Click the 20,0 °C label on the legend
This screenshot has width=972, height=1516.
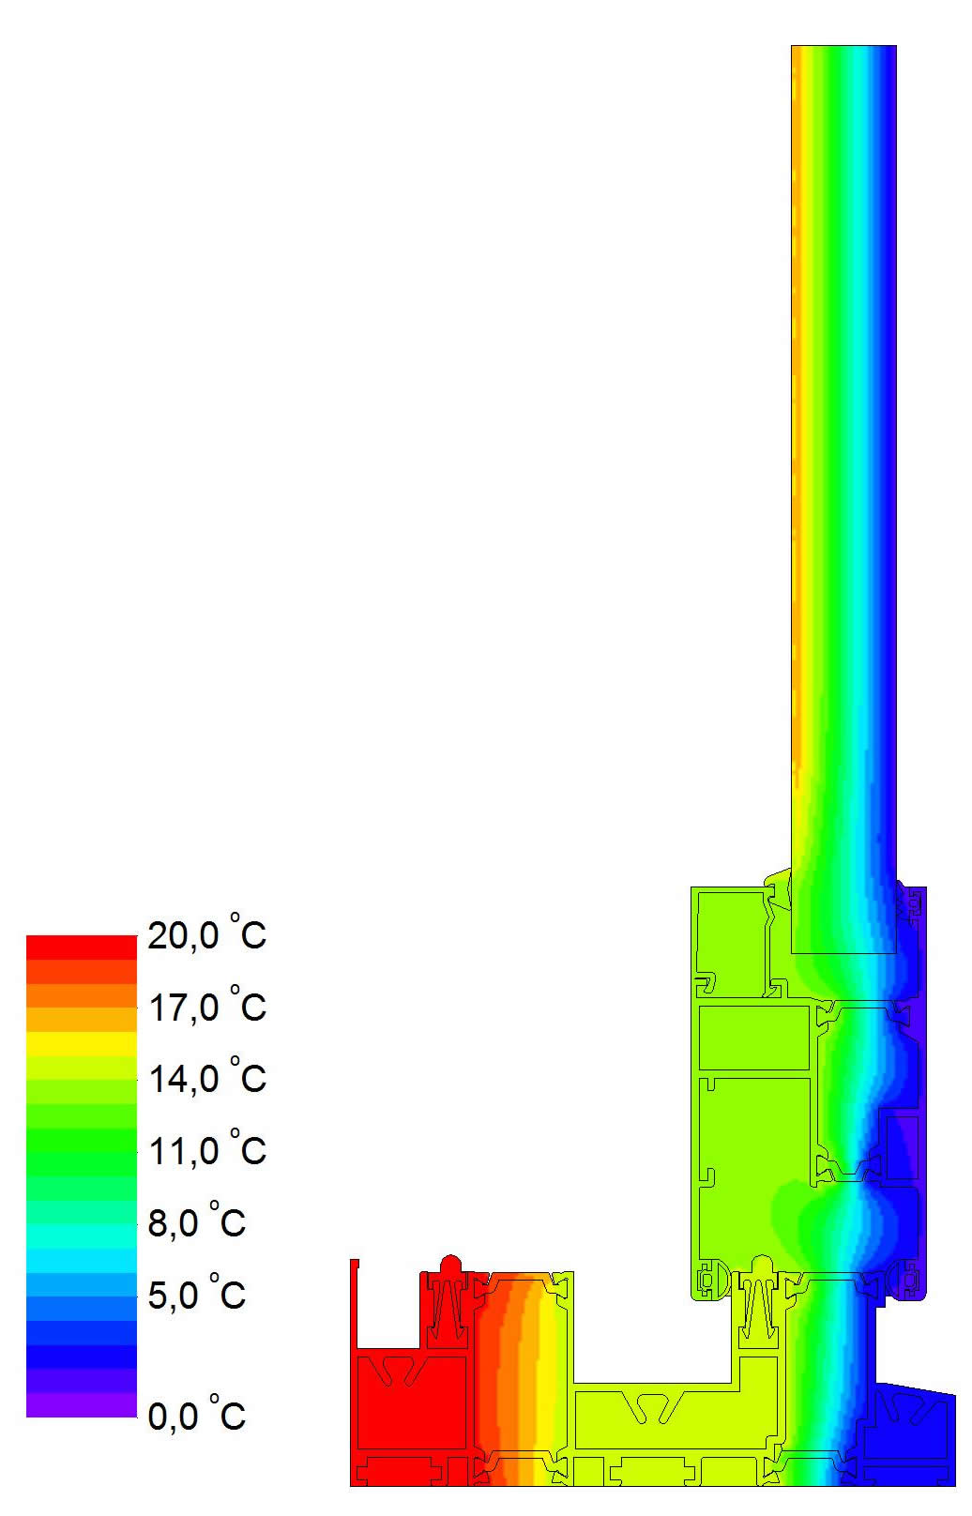coord(206,933)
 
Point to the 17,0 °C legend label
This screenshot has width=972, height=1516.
coord(206,1006)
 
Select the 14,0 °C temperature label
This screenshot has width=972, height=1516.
coord(206,1078)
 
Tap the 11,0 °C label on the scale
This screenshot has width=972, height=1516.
coord(206,1150)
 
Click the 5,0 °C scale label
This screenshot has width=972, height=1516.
coord(196,1294)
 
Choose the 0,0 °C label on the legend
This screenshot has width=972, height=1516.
coord(196,1415)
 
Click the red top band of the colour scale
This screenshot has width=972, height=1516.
coord(82,947)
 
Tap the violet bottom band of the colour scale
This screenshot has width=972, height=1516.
coord(82,1405)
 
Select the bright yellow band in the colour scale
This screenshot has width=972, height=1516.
coord(82,1043)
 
